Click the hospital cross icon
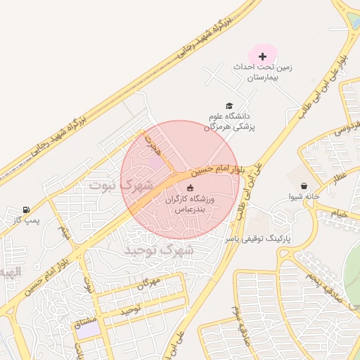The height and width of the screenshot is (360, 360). (263, 56)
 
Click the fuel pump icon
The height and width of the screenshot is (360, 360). (26, 210)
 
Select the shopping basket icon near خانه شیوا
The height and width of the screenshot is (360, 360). (303, 186)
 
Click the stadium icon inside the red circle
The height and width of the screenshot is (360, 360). (189, 188)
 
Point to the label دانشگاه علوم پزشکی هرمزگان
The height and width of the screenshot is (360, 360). (231, 121)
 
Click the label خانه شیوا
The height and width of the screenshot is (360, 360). (304, 197)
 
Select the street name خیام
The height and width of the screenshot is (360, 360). (340, 212)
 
